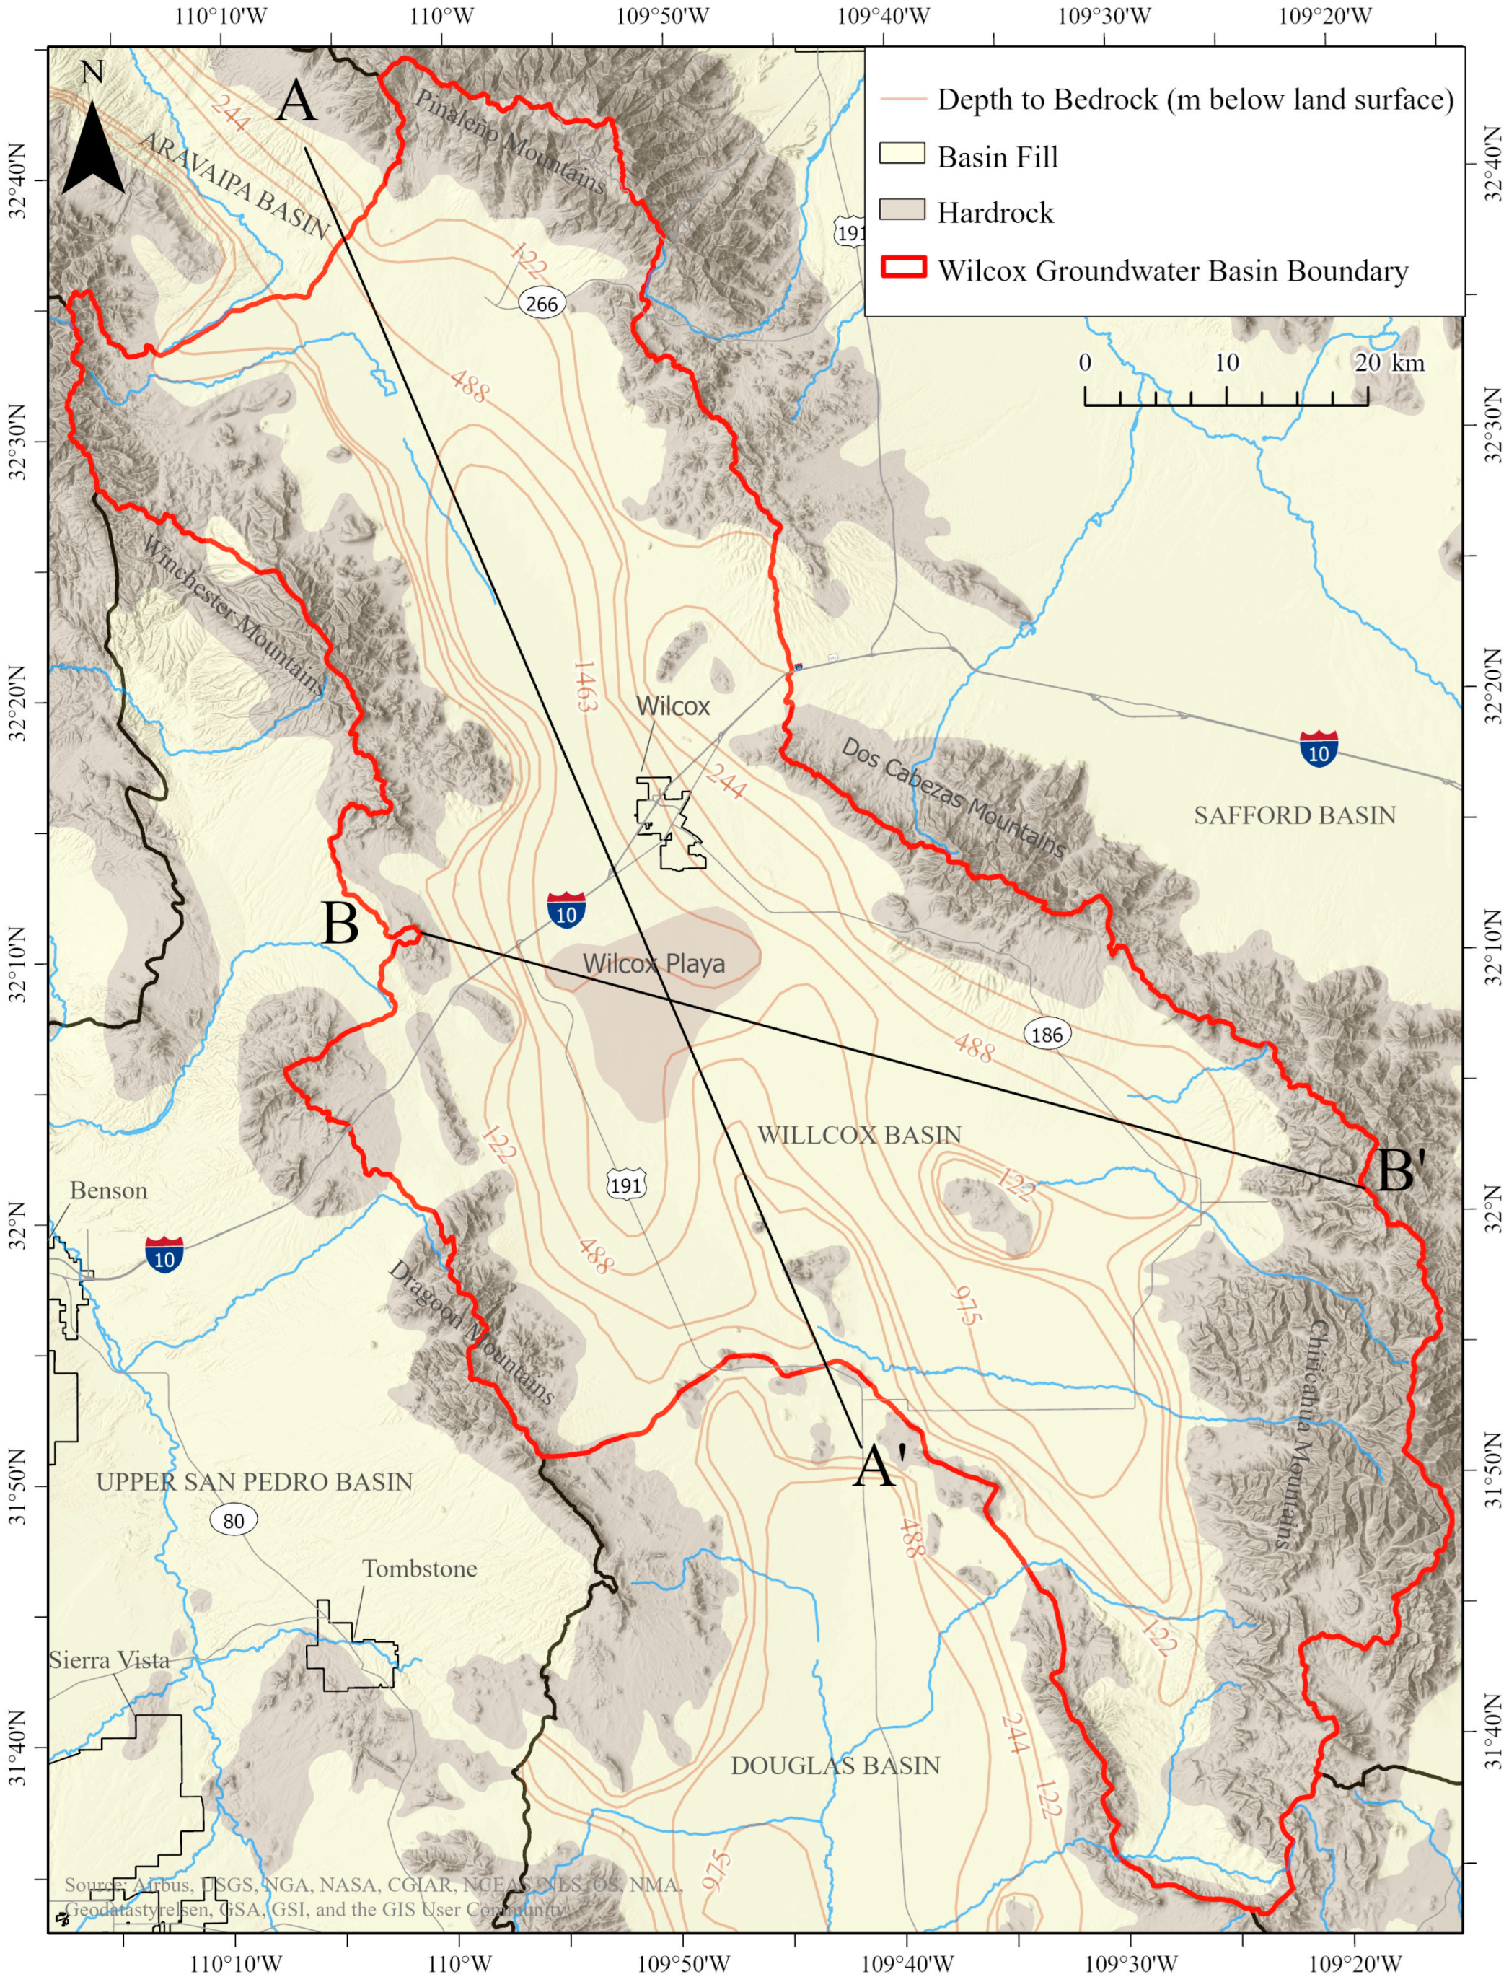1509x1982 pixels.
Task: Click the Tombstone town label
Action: coord(420,1569)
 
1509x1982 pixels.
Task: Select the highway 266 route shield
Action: coord(542,304)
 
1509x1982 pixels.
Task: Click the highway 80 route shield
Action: coord(234,1520)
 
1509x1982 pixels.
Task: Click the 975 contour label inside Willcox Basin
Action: coord(966,1305)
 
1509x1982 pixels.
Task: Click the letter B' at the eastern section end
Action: coord(1399,1172)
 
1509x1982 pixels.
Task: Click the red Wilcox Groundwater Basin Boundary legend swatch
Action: coord(902,267)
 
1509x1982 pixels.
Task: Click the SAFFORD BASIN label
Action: coord(1294,815)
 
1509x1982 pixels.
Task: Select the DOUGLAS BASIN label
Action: coord(835,1766)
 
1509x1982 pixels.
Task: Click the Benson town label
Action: coord(109,1190)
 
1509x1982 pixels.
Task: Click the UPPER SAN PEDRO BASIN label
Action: coord(254,1481)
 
